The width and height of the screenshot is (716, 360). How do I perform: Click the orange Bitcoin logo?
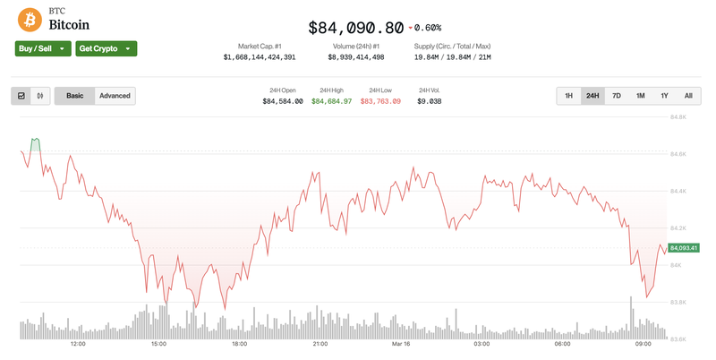tap(30, 19)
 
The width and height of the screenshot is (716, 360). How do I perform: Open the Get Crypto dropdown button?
tap(106, 48)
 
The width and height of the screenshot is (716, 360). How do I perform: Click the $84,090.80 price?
tap(355, 28)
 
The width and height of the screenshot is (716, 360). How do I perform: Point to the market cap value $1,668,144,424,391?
tap(260, 57)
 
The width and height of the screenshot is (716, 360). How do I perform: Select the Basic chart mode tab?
tap(74, 96)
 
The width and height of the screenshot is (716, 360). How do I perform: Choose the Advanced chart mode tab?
tap(115, 96)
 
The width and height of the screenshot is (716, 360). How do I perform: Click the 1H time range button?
tap(568, 96)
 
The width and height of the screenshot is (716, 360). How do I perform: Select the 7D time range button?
tap(617, 96)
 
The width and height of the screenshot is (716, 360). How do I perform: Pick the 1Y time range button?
tap(664, 96)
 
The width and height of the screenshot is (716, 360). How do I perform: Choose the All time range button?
tap(687, 96)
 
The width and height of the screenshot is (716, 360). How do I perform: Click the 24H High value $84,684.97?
tap(332, 101)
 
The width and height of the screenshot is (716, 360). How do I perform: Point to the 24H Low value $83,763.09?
tap(380, 101)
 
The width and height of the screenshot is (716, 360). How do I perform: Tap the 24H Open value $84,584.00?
tap(283, 101)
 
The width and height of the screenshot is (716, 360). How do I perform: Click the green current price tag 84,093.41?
tap(682, 247)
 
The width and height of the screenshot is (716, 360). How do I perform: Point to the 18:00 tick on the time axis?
tap(240, 344)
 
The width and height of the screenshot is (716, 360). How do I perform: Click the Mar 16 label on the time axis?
tap(400, 344)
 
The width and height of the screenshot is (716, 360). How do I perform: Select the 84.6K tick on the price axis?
tap(678, 154)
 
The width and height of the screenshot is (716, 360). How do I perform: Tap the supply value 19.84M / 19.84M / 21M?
tap(452, 57)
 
